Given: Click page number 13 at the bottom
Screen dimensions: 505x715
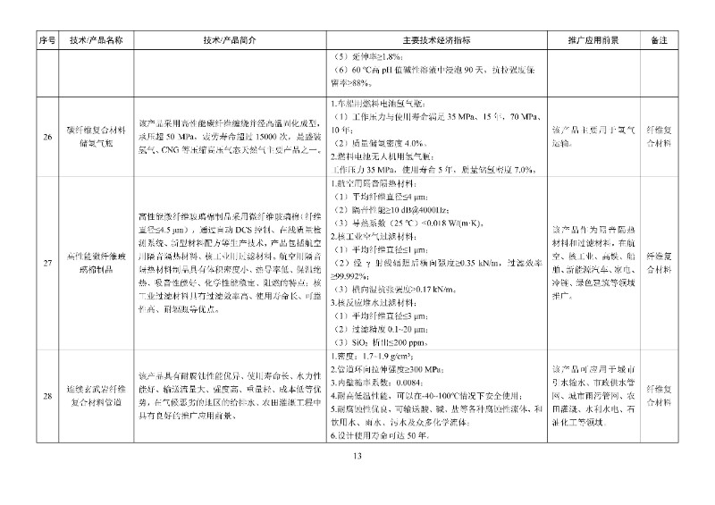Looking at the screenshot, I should (x=357, y=457).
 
